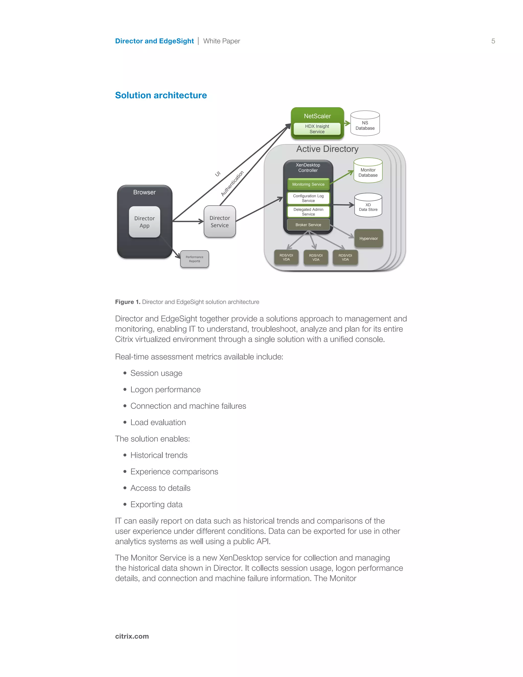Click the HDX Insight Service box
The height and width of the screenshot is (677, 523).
pyautogui.click(x=317, y=129)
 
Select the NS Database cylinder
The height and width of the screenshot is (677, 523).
pyautogui.click(x=365, y=124)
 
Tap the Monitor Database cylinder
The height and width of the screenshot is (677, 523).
pyautogui.click(x=368, y=171)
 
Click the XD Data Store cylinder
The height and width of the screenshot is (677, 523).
pyautogui.click(x=368, y=206)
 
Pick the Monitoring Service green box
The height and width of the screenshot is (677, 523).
pyautogui.click(x=308, y=184)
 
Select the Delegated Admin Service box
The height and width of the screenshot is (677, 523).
pyautogui.click(x=308, y=212)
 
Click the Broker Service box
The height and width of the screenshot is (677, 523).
pyautogui.click(x=308, y=225)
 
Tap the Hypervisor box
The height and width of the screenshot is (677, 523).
pyautogui.click(x=369, y=238)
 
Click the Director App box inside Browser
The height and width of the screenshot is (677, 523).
pyautogui.click(x=144, y=222)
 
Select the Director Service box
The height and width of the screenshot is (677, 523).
pyautogui.click(x=220, y=222)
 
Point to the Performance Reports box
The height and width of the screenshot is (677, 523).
pyautogui.click(x=195, y=259)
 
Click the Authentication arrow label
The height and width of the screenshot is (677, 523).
pyautogui.click(x=232, y=183)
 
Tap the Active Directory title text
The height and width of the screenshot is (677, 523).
pyautogui.click(x=327, y=149)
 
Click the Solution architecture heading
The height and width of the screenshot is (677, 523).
pyautogui.click(x=161, y=95)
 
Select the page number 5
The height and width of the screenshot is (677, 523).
pyautogui.click(x=493, y=41)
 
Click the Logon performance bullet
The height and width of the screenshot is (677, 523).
pyautogui.click(x=165, y=390)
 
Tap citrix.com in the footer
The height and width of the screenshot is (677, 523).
pyautogui.click(x=132, y=636)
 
